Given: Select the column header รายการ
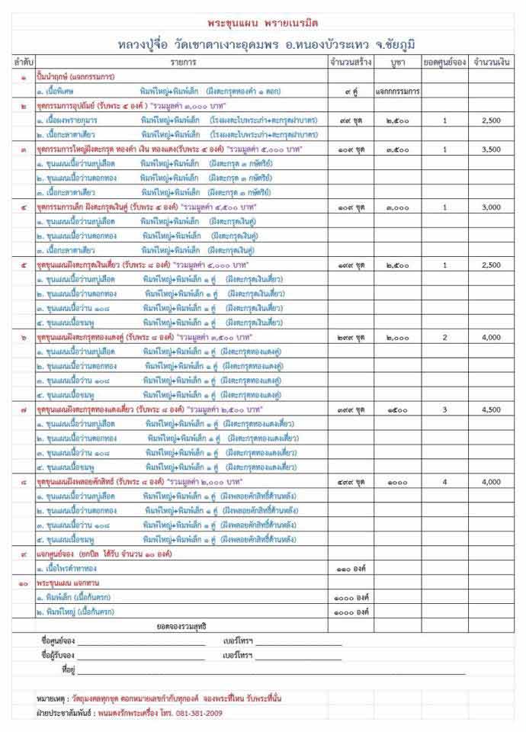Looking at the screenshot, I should point(183,59).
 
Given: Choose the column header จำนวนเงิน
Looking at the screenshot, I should point(491,59).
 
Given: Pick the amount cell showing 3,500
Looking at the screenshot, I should point(491,149).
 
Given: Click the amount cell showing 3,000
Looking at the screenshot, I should point(491,207).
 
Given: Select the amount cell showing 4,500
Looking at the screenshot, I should point(491,409).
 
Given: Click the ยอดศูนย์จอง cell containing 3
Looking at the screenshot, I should point(444,409).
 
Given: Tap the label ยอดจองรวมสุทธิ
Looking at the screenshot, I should point(182,625).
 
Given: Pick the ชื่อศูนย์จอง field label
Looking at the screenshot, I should point(57,641).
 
